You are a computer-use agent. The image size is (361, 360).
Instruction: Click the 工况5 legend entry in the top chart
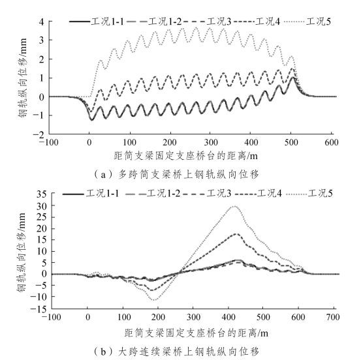[x=307, y=22]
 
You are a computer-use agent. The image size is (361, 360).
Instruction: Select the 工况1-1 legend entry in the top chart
[x=97, y=22]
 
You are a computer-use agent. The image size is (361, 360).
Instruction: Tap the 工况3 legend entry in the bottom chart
[x=207, y=194]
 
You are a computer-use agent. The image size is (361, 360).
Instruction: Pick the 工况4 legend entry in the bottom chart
[x=259, y=194]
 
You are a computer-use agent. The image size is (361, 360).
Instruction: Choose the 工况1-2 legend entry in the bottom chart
[x=153, y=194]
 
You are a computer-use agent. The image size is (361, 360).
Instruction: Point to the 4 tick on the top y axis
[x=41, y=22]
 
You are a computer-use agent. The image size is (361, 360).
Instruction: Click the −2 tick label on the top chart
[x=39, y=135]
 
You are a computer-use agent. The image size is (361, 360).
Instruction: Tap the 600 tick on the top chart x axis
[x=332, y=143]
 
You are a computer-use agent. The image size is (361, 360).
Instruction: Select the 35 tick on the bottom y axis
[x=41, y=194]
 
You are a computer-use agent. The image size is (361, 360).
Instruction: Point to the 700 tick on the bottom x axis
[x=333, y=318]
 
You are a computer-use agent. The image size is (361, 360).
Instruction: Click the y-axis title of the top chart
[x=22, y=78]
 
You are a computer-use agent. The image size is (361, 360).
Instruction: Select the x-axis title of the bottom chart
[x=196, y=333]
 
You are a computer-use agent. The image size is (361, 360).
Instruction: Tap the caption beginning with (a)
[x=176, y=175]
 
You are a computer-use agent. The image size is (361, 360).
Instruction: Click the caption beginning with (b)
[x=176, y=352]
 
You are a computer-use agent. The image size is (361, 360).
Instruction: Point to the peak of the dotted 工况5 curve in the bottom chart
[x=234, y=206]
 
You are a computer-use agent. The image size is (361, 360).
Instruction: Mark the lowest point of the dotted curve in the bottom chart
[x=154, y=300]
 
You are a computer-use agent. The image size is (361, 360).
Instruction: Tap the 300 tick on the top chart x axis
[x=211, y=143]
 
